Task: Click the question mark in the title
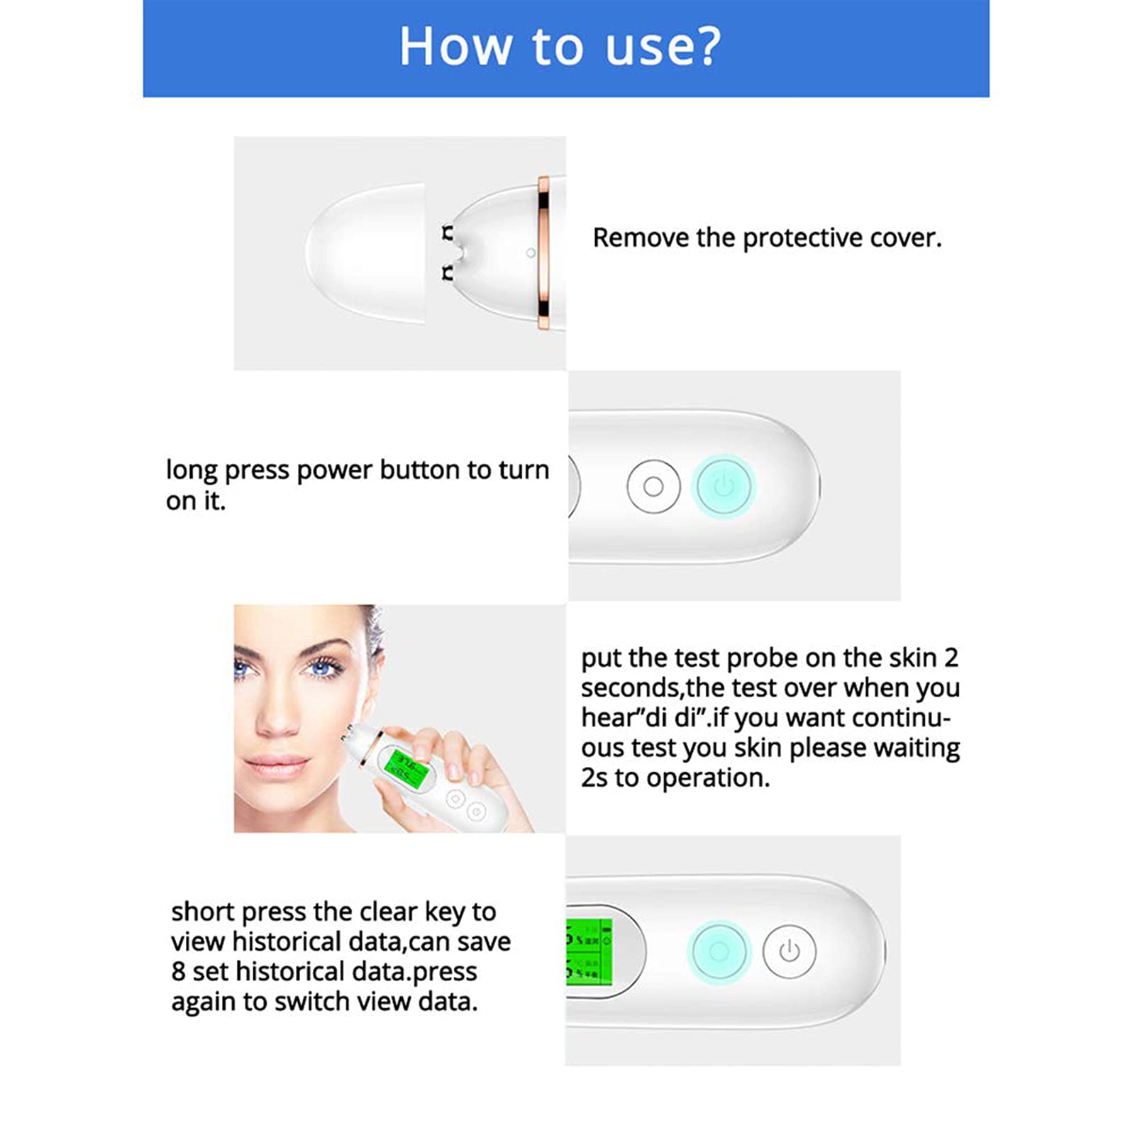[704, 46]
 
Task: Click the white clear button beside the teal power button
[653, 487]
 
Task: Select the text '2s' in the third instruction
[594, 778]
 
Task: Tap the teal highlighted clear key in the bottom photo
[719, 951]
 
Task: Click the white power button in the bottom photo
[790, 951]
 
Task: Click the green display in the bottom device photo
[589, 951]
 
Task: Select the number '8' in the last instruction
[178, 972]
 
